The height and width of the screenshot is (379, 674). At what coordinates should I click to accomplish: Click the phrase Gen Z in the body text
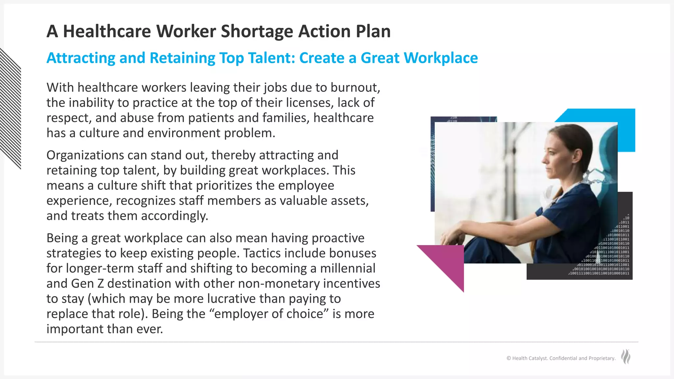click(87, 284)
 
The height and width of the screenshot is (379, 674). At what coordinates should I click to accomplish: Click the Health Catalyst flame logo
click(626, 357)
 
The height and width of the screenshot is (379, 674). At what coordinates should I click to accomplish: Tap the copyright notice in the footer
click(561, 358)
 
